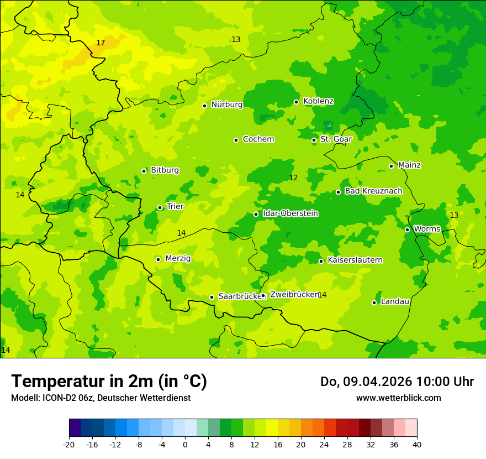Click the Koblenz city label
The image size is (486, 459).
point(318,101)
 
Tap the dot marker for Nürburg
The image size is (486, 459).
point(204,106)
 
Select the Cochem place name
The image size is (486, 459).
point(258,139)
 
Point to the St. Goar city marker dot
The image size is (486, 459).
point(314,140)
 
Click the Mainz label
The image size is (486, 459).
point(409,165)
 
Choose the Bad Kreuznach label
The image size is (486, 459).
point(373,191)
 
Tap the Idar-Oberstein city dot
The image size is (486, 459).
point(256,214)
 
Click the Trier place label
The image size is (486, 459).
point(175,207)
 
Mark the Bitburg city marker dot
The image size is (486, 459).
point(144,171)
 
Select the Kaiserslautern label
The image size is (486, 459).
point(355,260)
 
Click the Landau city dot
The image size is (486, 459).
point(374,302)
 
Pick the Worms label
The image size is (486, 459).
point(427,229)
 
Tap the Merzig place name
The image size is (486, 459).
point(178,259)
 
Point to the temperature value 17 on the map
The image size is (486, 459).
point(101,43)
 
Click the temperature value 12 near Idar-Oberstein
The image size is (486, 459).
point(293,178)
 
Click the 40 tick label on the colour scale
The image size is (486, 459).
point(417,445)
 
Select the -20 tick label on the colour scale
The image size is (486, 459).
point(68,445)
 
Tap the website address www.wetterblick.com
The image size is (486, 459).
point(398,398)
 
